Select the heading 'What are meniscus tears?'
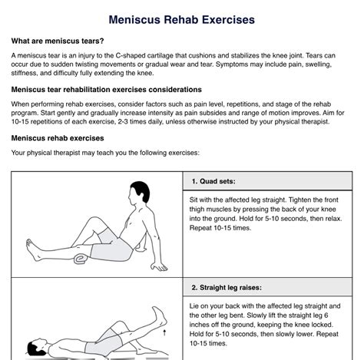pos(58,41)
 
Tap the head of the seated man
pos(138,193)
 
